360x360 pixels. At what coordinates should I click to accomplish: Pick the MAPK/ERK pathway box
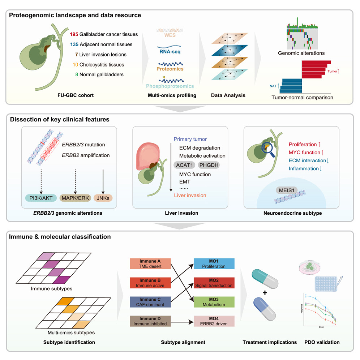click(74, 198)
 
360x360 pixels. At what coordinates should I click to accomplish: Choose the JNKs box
click(103, 198)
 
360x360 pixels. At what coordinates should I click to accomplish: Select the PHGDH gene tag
click(209, 165)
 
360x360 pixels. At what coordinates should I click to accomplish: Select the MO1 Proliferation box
click(214, 263)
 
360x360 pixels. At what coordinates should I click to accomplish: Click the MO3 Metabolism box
click(214, 302)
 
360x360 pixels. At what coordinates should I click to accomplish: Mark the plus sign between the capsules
click(265, 292)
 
